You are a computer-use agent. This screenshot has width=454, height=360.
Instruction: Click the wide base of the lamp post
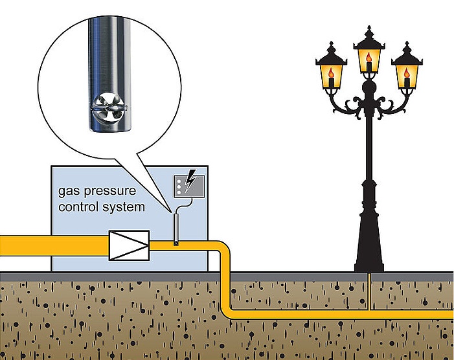click(x=369, y=259)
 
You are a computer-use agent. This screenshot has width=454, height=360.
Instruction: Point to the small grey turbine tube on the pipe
click(x=175, y=230)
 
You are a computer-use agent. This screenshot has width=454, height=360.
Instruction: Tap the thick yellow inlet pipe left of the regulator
click(x=52, y=244)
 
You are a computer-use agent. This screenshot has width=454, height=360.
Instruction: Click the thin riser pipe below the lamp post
click(x=368, y=291)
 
